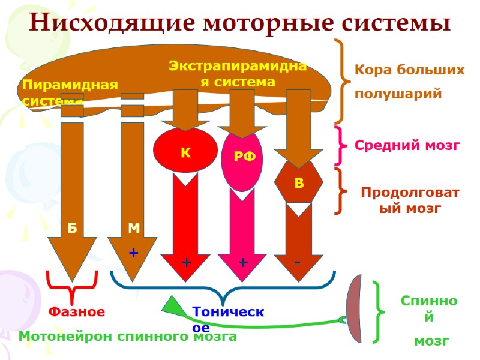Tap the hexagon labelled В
click(298, 182)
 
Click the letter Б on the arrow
click(72, 229)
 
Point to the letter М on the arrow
click(133, 229)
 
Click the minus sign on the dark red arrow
click(298, 263)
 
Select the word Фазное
click(76, 312)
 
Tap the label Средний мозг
click(407, 145)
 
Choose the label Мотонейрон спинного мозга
click(128, 337)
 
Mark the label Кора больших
click(410, 70)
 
